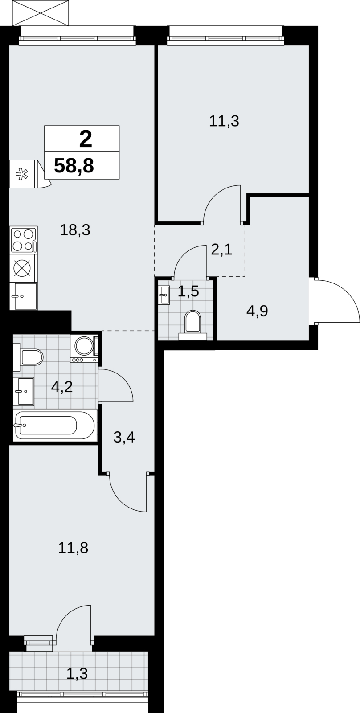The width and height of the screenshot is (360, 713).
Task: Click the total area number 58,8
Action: click(74, 166)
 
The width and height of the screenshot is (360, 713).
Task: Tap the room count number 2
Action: click(86, 139)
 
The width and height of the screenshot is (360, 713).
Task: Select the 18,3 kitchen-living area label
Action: click(75, 230)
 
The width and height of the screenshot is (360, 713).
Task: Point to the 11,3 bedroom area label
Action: click(224, 121)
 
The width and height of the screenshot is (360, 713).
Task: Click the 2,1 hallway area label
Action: click(221, 250)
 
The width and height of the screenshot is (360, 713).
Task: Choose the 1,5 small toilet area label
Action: click(188, 291)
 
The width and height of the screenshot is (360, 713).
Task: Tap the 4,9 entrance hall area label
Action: click(257, 311)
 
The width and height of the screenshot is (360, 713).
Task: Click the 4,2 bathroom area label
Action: click(62, 387)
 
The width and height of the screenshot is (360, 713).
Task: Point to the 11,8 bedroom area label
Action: click(73, 548)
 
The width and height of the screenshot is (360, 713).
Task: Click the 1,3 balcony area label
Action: click(77, 673)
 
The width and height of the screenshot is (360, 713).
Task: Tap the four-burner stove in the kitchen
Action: click(24, 240)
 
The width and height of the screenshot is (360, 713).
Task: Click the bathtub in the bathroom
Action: click(55, 425)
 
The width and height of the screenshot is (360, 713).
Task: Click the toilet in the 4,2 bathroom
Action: click(28, 357)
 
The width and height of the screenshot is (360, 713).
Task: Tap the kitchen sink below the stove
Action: click(24, 296)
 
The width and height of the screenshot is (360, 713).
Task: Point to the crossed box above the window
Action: click(41, 13)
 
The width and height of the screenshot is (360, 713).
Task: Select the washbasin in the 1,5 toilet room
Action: click(164, 295)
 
